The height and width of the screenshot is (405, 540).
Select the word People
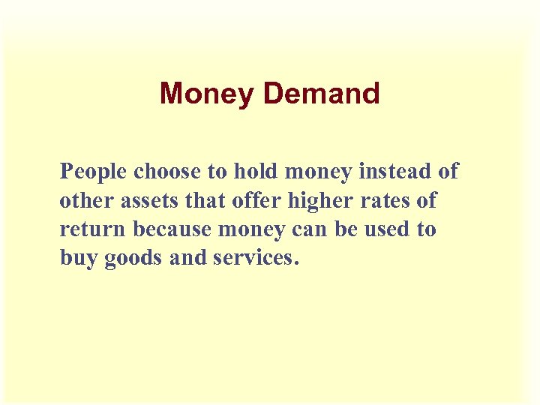pyautogui.click(x=94, y=172)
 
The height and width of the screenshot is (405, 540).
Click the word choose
pyautogui.click(x=168, y=172)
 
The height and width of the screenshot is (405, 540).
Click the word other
pyautogui.click(x=83, y=201)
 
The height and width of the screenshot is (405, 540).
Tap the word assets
pyautogui.click(x=146, y=201)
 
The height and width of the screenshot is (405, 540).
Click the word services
pyautogui.click(x=256, y=259)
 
